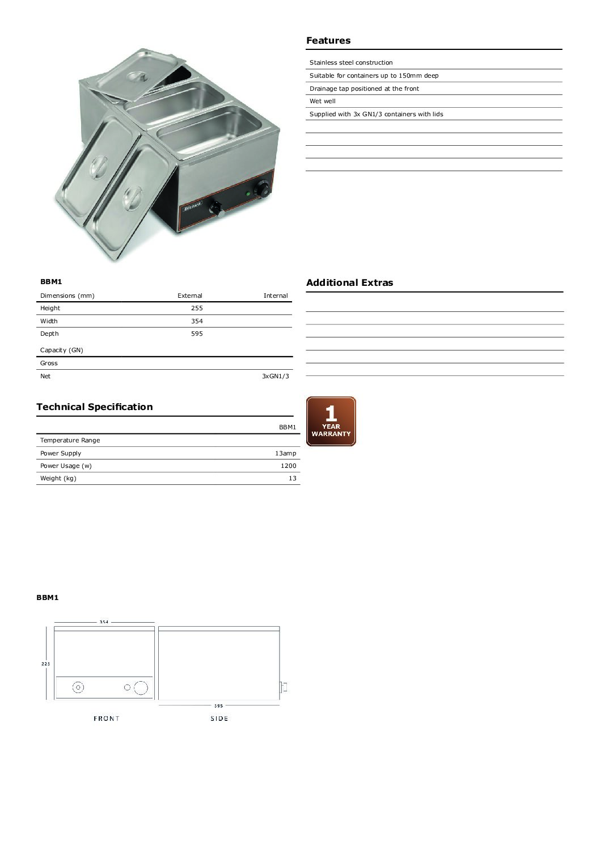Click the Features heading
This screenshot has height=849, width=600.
coord(328,40)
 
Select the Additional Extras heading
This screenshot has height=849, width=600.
coord(349,282)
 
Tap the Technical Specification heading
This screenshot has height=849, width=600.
coord(95,407)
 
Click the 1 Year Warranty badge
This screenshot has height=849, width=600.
coord(331,421)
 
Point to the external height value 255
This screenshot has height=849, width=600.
coord(197,308)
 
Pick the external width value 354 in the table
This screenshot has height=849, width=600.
coord(197,321)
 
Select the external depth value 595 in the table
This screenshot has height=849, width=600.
coord(197,333)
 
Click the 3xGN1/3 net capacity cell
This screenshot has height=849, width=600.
coord(276,376)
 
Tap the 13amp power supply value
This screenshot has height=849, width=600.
coord(285,453)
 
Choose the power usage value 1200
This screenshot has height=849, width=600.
coord(288,466)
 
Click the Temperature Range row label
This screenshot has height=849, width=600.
coord(70,440)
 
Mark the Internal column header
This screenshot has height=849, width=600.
coord(276,295)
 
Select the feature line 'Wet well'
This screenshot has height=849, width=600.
coord(323,101)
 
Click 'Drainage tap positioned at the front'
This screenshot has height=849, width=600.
coord(364,88)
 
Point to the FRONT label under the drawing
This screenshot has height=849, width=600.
coord(107,719)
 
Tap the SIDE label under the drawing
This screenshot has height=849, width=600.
coord(219,719)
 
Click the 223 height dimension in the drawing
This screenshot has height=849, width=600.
coord(46,664)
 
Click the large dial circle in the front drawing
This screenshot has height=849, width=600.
coord(141,688)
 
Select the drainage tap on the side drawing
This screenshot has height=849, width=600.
coord(284,687)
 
